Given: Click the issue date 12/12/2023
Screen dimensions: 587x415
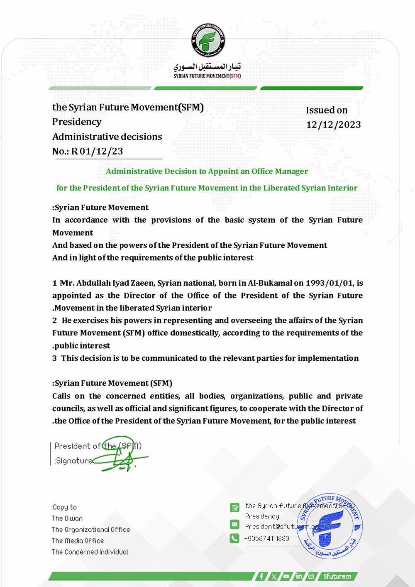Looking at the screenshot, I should click(x=333, y=125).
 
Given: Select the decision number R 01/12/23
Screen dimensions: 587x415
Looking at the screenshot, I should click(x=97, y=151).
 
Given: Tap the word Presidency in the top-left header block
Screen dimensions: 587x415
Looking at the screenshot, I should click(x=77, y=122).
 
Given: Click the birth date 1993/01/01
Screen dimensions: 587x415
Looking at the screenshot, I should click(x=330, y=283).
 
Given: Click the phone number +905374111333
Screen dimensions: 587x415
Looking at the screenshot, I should click(x=266, y=538).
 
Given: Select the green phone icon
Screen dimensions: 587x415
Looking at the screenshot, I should click(x=234, y=538).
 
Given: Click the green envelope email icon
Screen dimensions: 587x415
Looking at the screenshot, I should click(x=234, y=524).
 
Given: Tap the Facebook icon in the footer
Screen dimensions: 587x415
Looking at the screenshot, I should click(x=261, y=576).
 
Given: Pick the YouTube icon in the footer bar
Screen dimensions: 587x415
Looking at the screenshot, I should click(x=286, y=576).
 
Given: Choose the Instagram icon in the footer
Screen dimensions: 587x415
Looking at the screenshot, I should click(x=311, y=576).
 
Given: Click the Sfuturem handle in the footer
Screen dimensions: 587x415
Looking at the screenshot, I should click(x=337, y=576).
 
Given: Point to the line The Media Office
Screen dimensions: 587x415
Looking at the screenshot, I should click(x=78, y=541).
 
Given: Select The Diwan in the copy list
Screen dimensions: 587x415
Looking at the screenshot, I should click(x=67, y=518).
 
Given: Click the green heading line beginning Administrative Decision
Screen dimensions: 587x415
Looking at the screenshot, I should click(x=207, y=171).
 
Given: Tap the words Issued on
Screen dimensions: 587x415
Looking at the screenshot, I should click(x=327, y=110).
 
